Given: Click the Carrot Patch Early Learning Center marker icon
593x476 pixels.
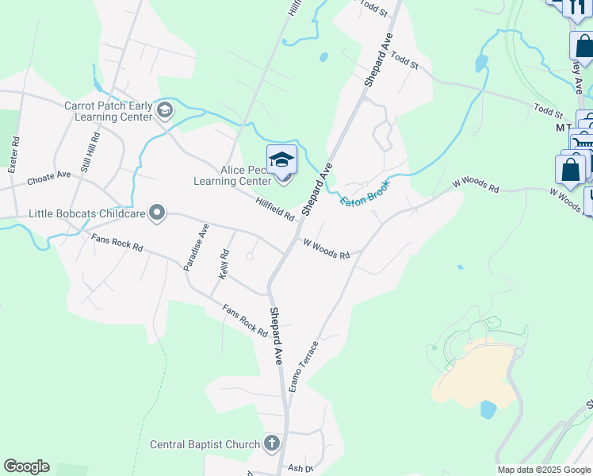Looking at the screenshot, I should (165, 109).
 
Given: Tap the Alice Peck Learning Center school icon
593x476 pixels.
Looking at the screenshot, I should (281, 161).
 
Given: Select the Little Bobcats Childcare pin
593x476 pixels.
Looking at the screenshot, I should (157, 212).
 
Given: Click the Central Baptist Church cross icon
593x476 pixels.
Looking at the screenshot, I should (272, 443).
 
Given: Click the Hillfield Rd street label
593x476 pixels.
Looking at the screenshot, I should (275, 210).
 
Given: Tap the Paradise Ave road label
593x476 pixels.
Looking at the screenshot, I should (196, 248).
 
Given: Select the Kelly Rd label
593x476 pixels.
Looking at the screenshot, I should (224, 263).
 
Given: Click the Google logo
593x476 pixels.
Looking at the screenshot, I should (26, 466).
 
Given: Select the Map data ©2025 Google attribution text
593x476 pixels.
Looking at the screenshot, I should (544, 470).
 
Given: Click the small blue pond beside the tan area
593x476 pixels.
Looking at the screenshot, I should (488, 409).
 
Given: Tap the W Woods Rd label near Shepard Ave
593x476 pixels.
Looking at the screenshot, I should (326, 249).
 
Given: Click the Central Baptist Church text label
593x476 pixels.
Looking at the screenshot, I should (203, 443).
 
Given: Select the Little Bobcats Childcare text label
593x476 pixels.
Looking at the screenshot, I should (87, 213).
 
